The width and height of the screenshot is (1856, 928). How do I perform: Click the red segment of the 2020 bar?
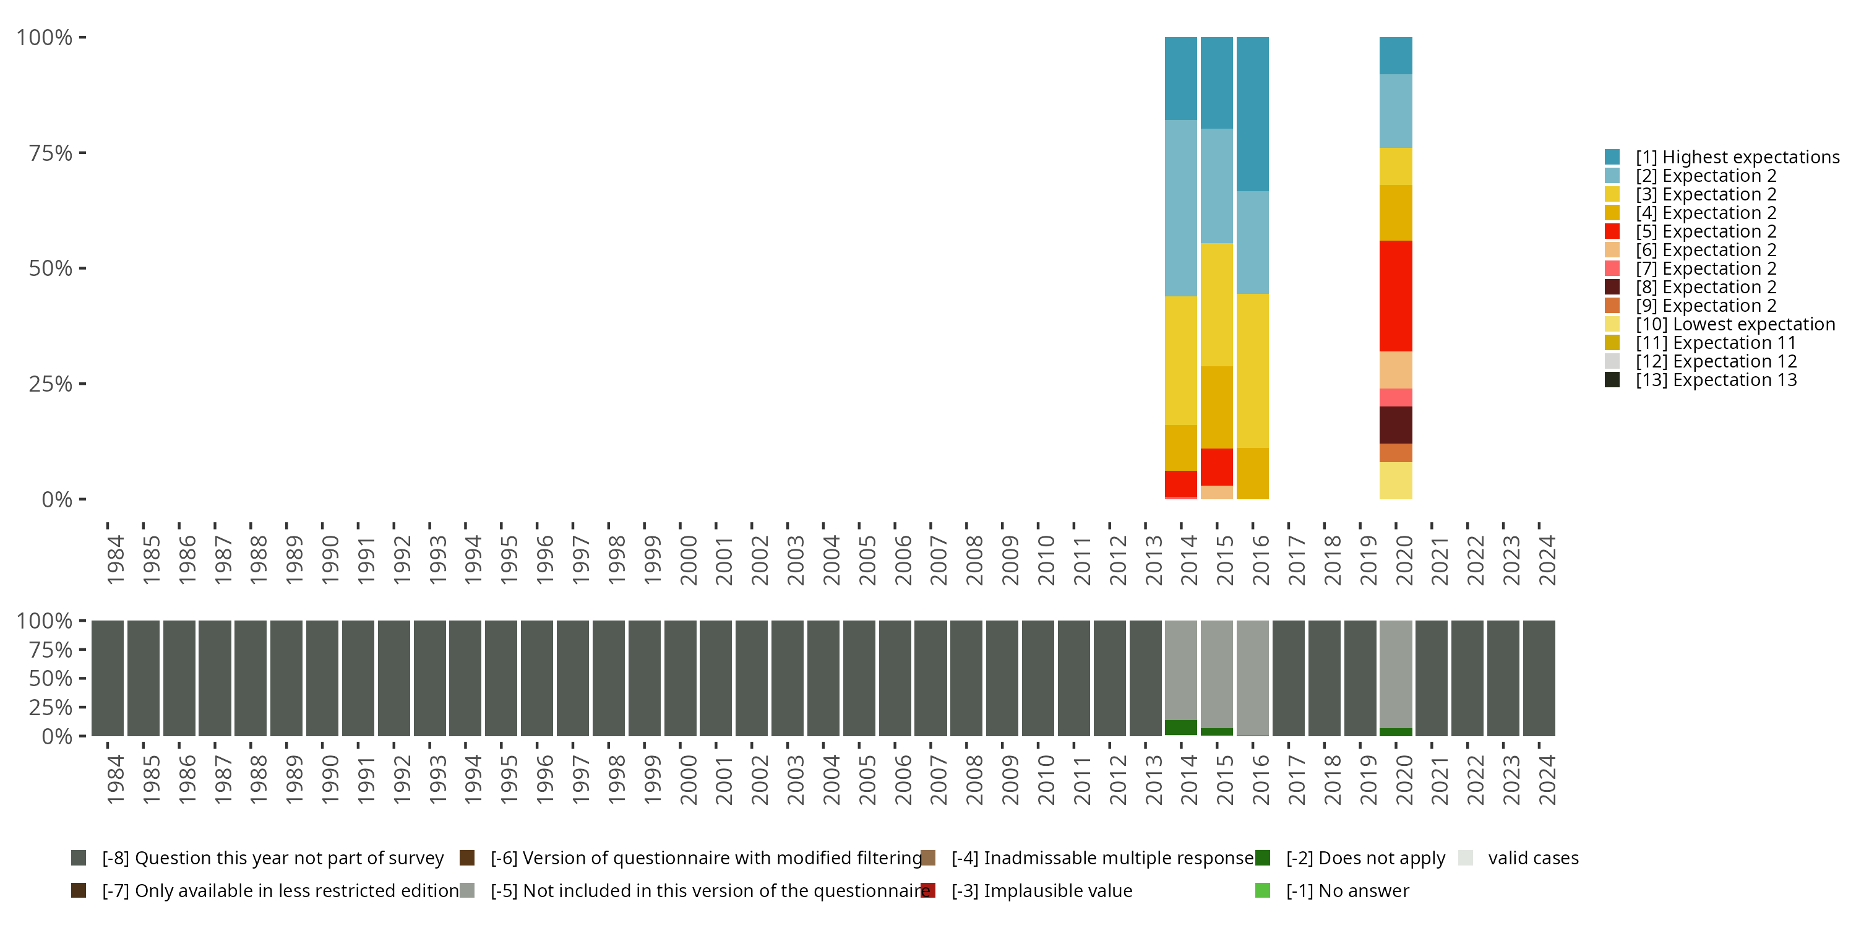tap(1396, 295)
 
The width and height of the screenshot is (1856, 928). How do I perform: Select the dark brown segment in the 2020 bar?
tap(1396, 424)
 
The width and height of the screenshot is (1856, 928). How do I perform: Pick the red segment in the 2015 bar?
tap(1216, 467)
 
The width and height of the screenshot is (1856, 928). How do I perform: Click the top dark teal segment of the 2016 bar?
tap(1252, 114)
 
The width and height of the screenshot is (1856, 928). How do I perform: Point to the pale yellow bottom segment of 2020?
tap(1396, 481)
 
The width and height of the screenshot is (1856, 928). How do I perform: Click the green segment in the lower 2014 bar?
tap(1181, 728)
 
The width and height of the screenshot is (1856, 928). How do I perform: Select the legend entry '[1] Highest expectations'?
tap(1737, 157)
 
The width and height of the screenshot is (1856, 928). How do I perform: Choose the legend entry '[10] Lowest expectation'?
tap(1735, 324)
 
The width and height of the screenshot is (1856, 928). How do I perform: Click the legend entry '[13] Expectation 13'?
tap(1716, 380)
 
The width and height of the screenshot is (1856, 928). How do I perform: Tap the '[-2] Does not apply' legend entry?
tap(1365, 858)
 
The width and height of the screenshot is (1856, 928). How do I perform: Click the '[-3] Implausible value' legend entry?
tap(1041, 890)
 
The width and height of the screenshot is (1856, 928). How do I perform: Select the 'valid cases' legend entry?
tap(1532, 858)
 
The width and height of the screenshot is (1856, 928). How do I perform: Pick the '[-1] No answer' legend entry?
tap(1347, 890)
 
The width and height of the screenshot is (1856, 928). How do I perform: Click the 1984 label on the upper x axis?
tap(114, 560)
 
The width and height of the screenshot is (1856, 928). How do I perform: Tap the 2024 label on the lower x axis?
tap(1546, 780)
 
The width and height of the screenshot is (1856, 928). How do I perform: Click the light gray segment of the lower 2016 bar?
tap(1252, 677)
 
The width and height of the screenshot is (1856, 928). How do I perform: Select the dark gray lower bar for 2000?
tap(679, 678)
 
